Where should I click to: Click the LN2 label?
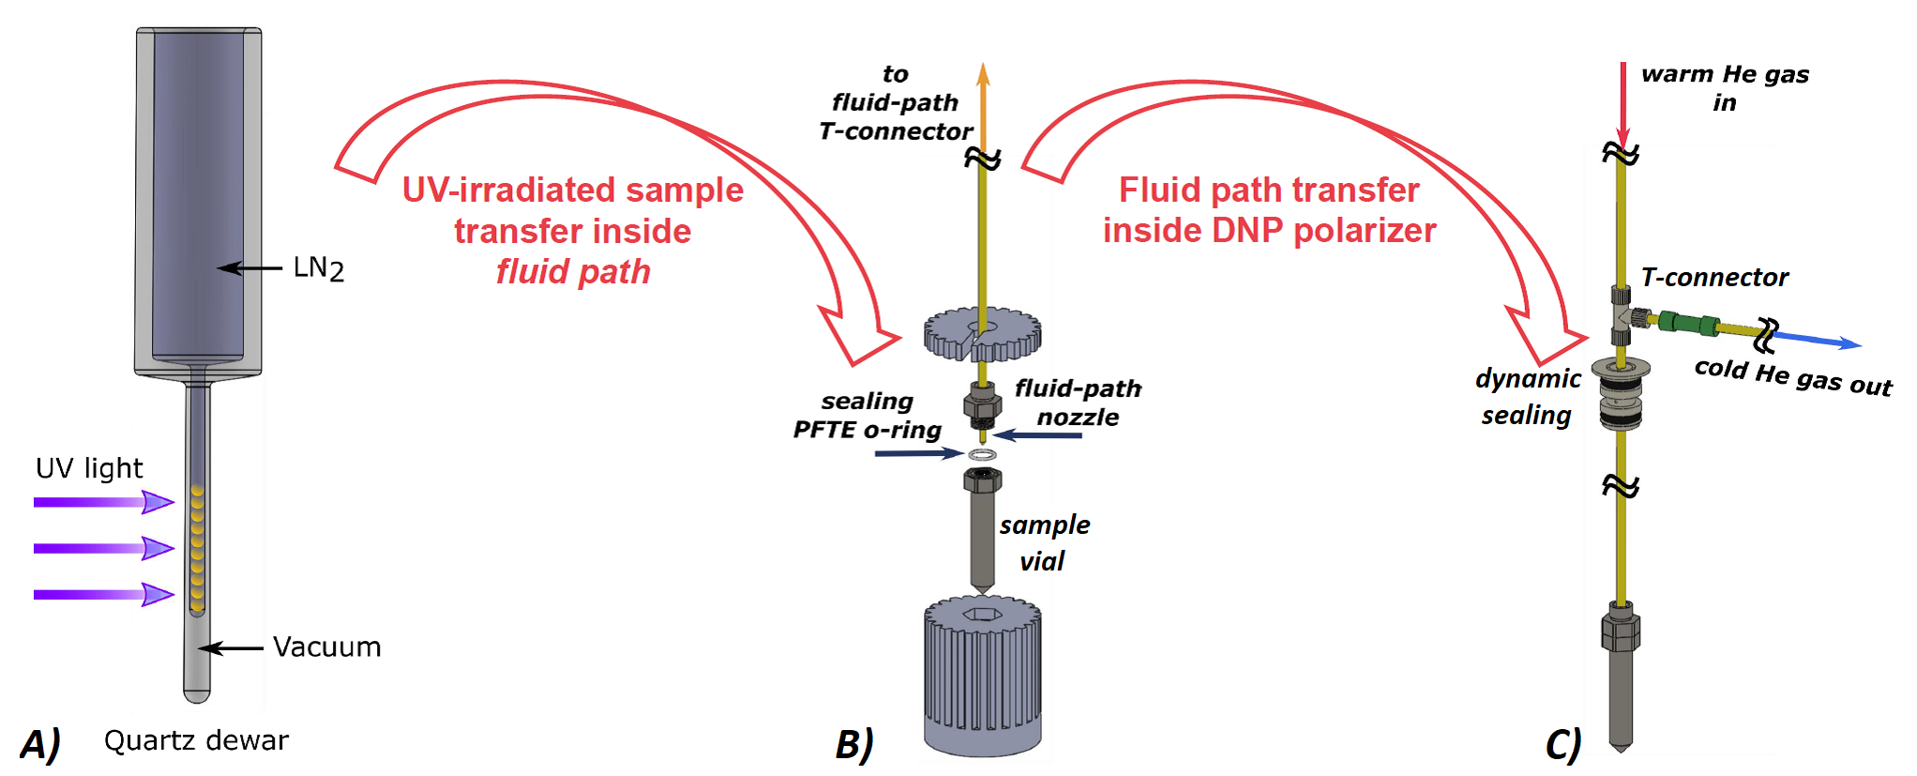[318, 268]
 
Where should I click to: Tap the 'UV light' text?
[89, 468]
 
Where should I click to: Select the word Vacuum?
[326, 647]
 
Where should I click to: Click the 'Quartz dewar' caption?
[196, 740]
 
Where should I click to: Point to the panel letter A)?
[40, 744]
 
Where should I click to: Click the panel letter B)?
[854, 744]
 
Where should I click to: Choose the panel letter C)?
[1563, 744]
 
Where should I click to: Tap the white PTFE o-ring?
[982, 455]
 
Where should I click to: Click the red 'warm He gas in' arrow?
[1623, 103]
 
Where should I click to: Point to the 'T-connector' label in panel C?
[1714, 278]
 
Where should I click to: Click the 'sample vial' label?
[1044, 543]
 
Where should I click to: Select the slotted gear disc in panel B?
[982, 333]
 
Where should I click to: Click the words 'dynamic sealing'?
[1527, 397]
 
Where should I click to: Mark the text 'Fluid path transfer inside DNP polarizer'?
[1269, 210]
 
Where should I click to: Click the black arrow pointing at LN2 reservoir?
[249, 268]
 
